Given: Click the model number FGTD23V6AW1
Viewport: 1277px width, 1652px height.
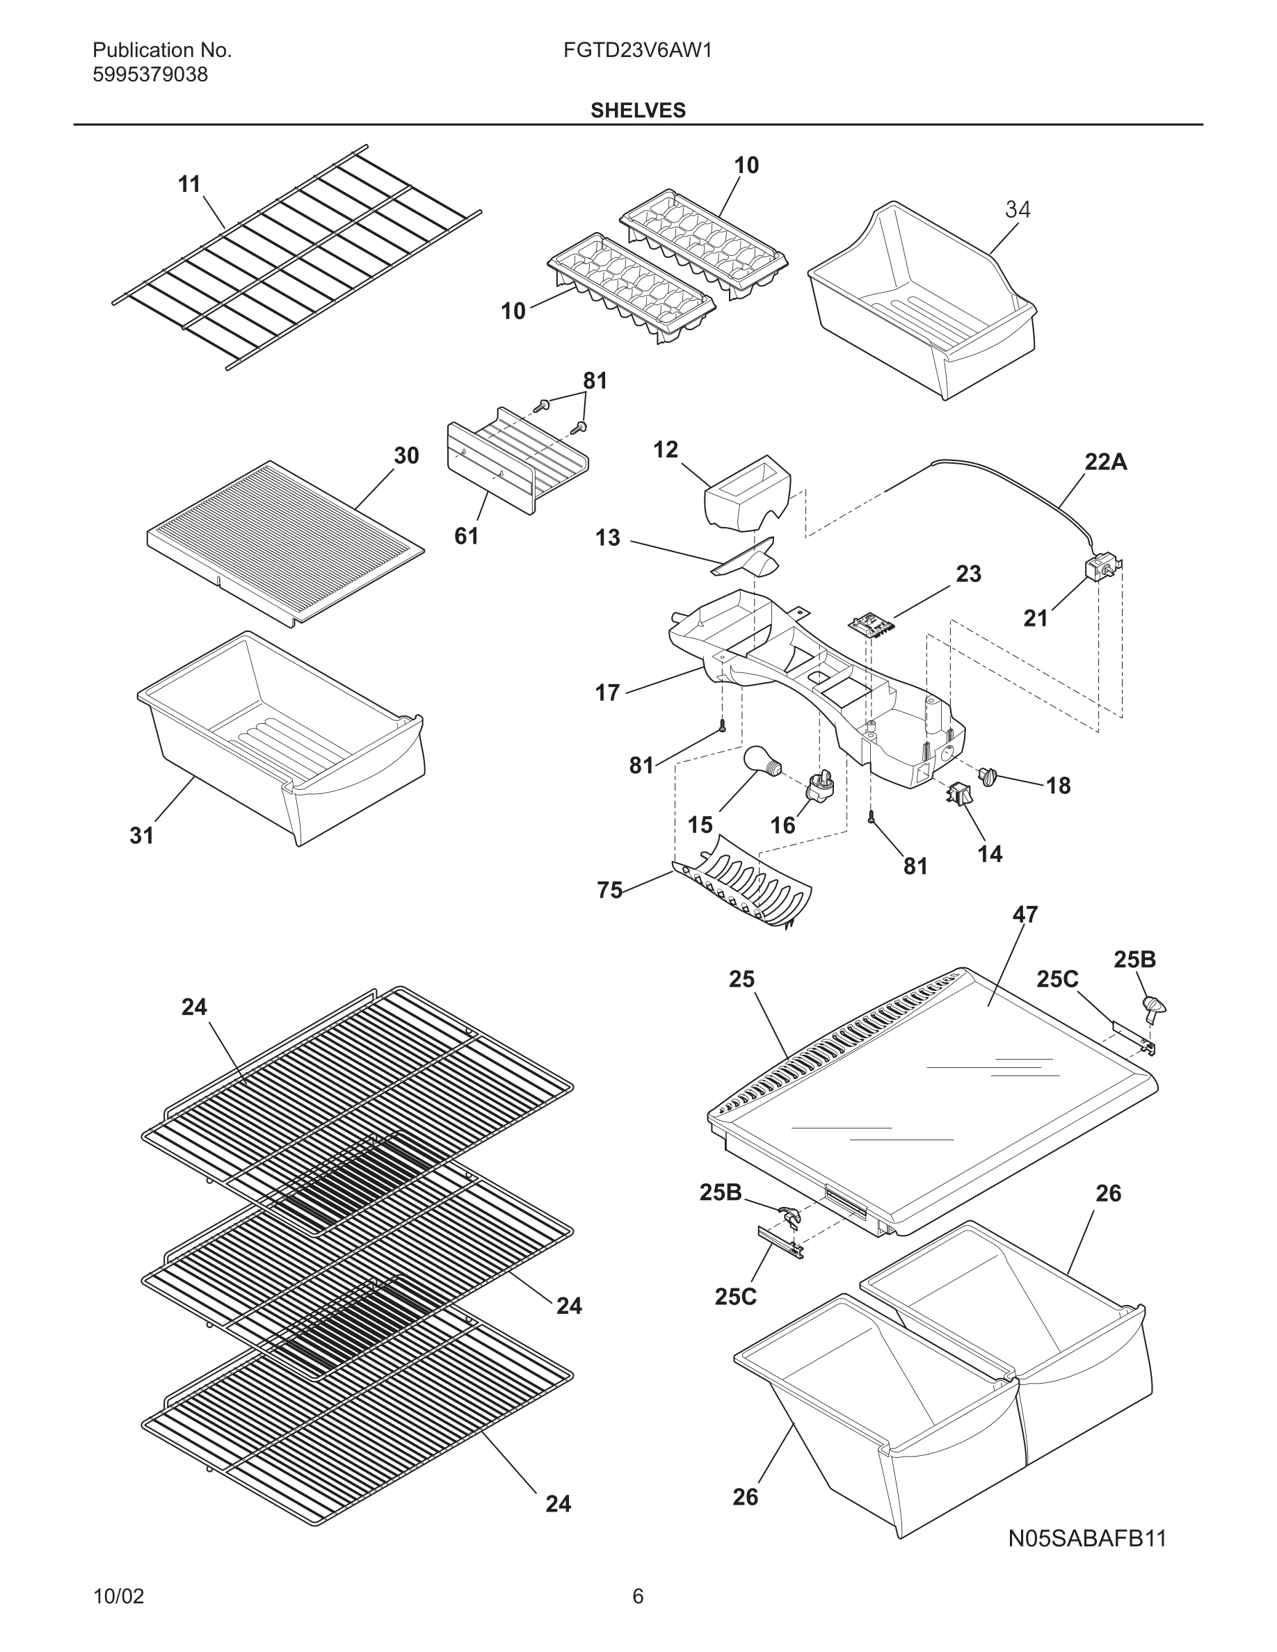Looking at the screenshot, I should (637, 51).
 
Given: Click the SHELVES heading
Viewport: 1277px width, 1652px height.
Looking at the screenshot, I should (638, 111).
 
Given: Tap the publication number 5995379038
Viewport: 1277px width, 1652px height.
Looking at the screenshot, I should (150, 75).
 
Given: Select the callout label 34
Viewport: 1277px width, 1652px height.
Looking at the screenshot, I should (1018, 209).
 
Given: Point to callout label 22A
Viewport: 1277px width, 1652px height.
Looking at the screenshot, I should (1105, 462).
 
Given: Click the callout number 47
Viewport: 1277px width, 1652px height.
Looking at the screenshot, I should (1025, 914).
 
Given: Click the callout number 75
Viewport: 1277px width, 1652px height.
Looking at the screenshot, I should (610, 890).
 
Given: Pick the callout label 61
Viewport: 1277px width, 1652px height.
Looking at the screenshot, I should (466, 535).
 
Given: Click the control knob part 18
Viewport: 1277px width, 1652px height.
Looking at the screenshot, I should (988, 775).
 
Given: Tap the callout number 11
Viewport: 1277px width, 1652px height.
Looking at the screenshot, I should (189, 184).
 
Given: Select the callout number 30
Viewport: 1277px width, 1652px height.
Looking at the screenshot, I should (406, 455).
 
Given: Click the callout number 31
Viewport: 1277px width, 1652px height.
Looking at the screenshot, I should (141, 835).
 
